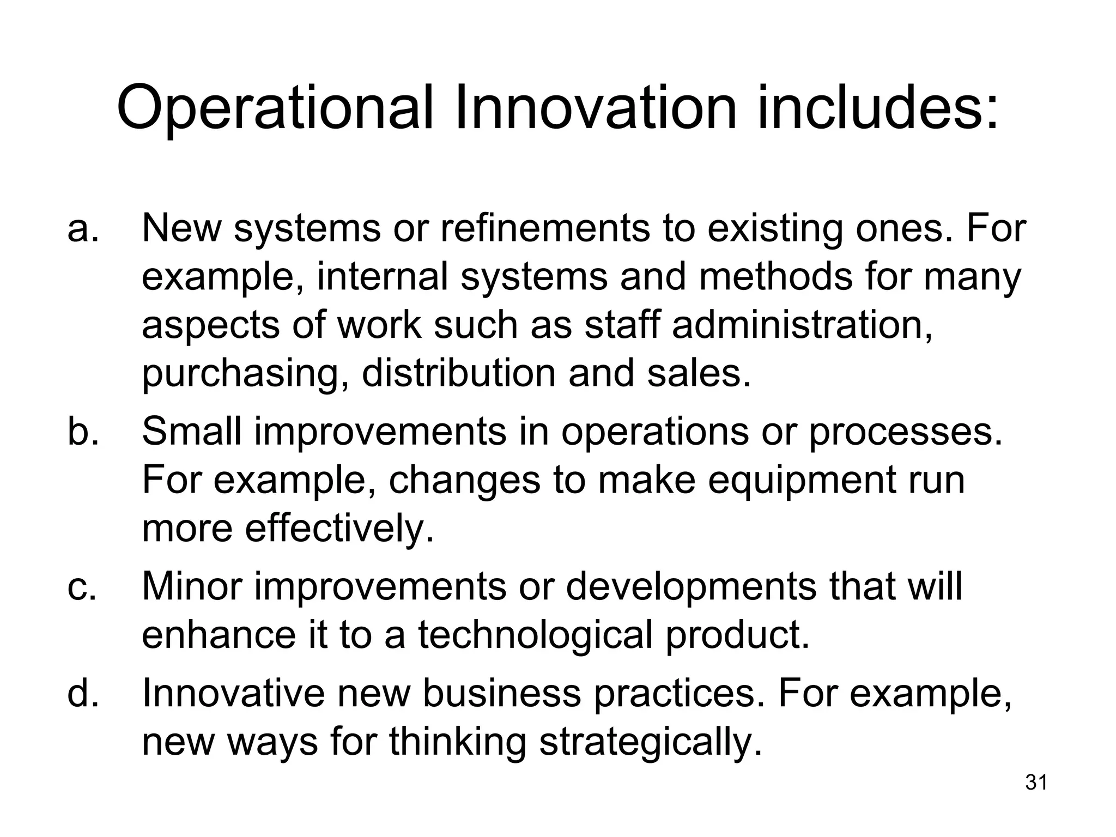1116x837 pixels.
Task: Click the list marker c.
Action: (x=82, y=587)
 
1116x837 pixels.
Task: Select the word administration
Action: (x=802, y=325)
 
